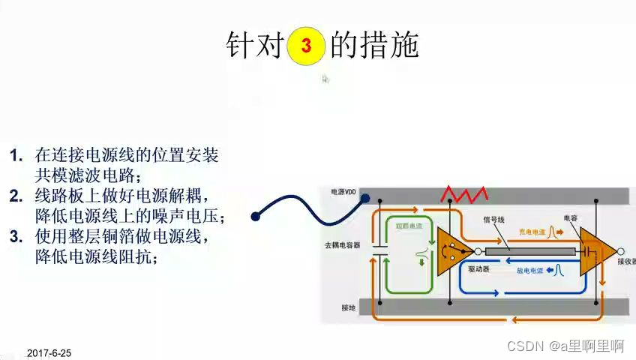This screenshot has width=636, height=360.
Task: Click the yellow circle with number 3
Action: pos(306,46)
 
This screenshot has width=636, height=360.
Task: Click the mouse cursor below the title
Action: pos(325,79)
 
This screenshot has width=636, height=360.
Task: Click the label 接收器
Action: pos(625,262)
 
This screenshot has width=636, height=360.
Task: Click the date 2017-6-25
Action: pos(49,352)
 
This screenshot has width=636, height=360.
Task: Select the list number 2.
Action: pos(16,196)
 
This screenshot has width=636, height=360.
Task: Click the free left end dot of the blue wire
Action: pos(256,216)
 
